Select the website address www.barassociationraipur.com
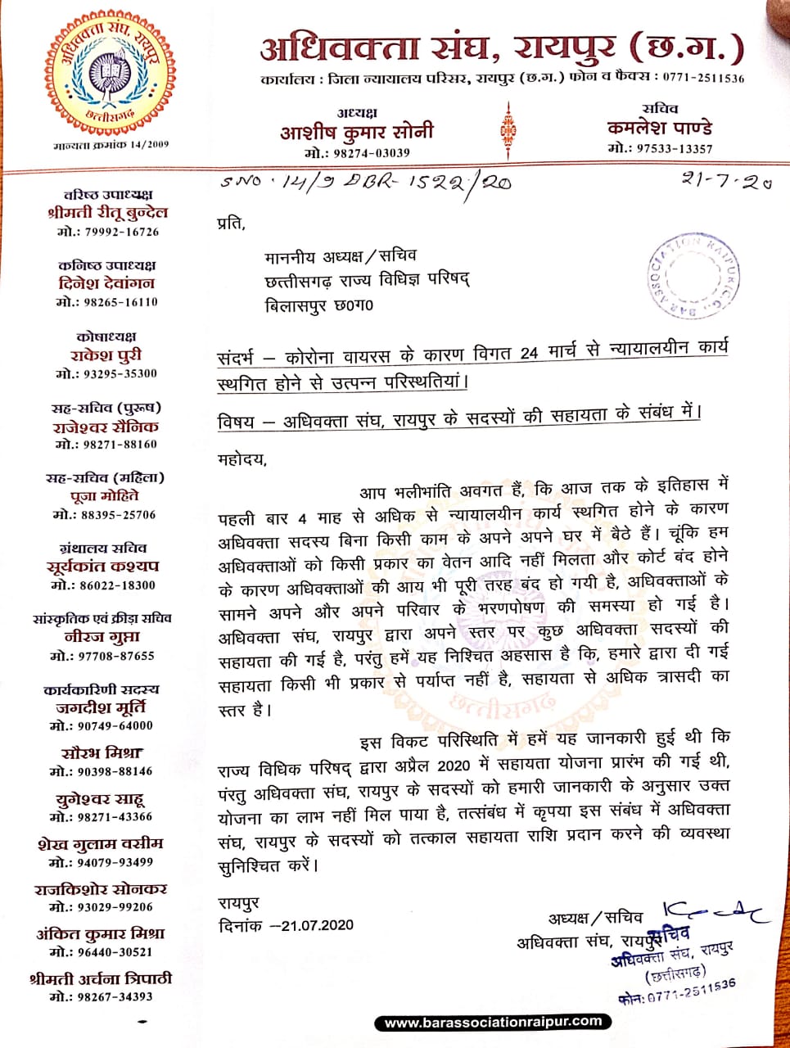[x=494, y=1022]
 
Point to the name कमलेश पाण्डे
[x=660, y=128]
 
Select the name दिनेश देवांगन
[x=106, y=283]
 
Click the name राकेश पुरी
[x=107, y=355]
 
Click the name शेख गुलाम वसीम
[x=101, y=843]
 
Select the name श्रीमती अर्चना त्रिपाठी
[x=101, y=978]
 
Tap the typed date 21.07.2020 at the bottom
[x=318, y=925]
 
